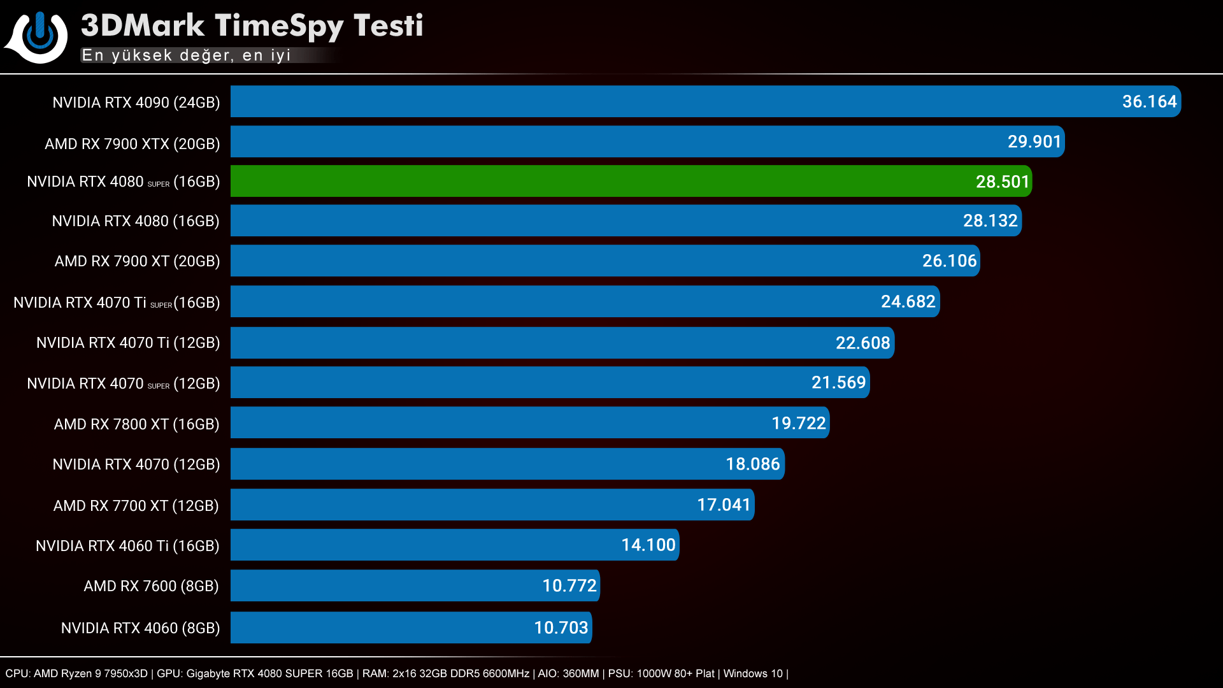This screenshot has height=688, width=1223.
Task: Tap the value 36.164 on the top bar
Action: click(x=1149, y=102)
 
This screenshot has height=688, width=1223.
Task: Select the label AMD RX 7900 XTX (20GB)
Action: click(x=132, y=144)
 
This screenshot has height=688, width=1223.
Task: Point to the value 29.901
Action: click(x=1034, y=142)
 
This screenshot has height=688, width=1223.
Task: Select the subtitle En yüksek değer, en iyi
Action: click(x=186, y=55)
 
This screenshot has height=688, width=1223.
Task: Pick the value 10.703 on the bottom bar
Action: click(x=561, y=628)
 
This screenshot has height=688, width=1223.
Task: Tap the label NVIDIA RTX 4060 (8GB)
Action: click(x=140, y=628)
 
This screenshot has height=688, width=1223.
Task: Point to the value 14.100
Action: click(x=648, y=545)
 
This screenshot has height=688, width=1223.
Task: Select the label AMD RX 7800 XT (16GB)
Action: click(x=136, y=424)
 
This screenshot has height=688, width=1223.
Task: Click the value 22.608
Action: click(x=862, y=343)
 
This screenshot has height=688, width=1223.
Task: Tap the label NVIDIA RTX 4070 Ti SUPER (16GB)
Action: click(x=117, y=303)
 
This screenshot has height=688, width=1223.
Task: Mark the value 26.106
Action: click(x=949, y=261)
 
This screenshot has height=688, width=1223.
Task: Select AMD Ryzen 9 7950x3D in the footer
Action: click(x=90, y=674)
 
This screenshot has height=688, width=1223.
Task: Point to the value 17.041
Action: click(x=724, y=505)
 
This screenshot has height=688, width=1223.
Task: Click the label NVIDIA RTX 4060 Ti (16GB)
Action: click(x=127, y=546)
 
